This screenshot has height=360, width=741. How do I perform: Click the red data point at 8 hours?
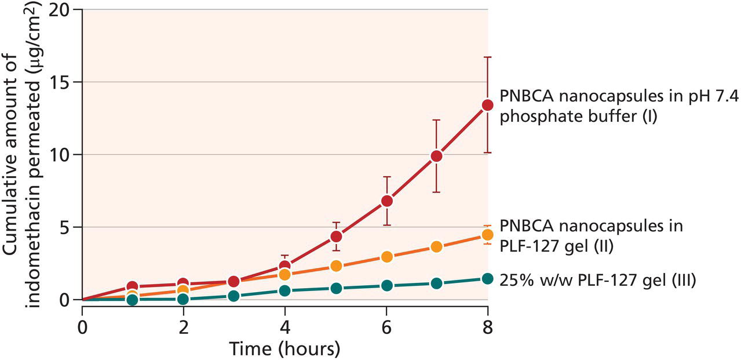(x=487, y=105)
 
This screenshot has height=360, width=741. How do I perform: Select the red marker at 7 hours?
(x=437, y=156)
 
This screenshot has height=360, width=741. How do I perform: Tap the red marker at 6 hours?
(x=386, y=201)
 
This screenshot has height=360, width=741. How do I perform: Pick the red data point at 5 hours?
(x=336, y=237)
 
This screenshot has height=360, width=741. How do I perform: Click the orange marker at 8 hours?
(x=487, y=235)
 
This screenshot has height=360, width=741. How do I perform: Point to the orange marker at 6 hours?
(x=386, y=256)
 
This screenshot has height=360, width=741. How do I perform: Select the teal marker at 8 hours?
(x=487, y=279)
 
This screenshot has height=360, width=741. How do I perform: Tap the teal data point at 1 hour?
(x=133, y=300)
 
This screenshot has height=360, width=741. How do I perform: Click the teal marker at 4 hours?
(x=284, y=291)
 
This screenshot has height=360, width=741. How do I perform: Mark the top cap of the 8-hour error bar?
(x=487, y=57)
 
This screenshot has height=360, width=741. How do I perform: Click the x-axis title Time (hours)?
(x=284, y=349)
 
